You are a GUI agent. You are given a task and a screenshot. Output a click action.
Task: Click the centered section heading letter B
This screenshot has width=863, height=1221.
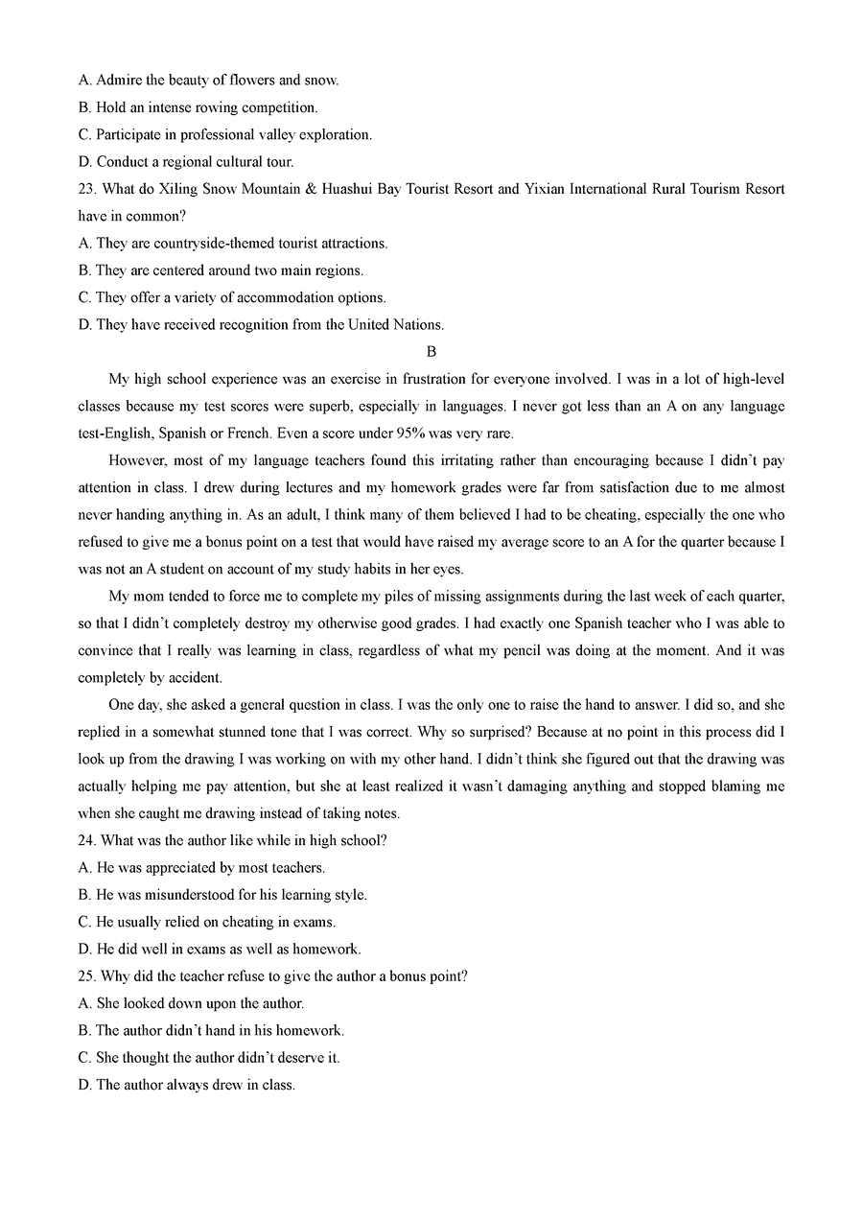pos(431,352)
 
